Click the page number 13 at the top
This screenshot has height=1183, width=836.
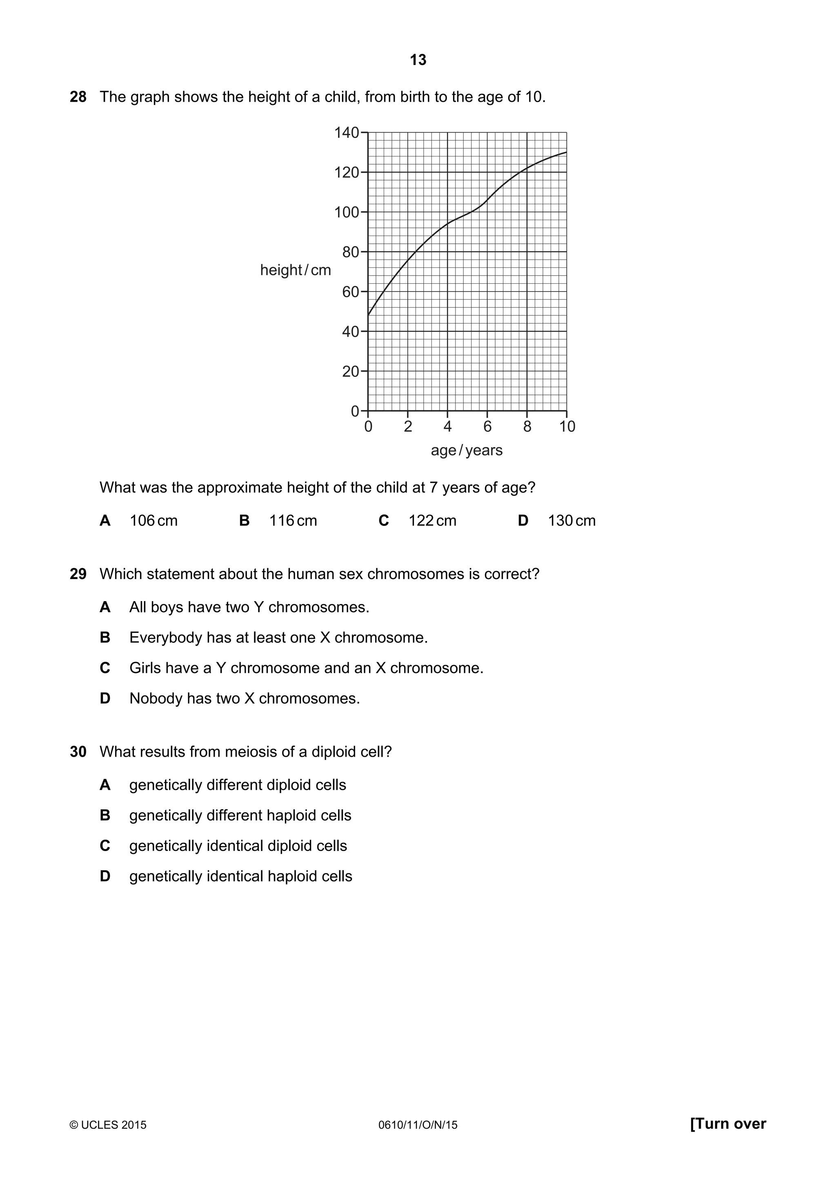pyautogui.click(x=418, y=60)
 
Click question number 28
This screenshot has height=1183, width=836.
pyautogui.click(x=78, y=97)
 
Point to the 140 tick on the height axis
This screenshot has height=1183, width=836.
pyautogui.click(x=347, y=133)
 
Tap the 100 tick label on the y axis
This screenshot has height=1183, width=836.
pyautogui.click(x=347, y=212)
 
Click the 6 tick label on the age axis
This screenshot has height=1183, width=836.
pyautogui.click(x=487, y=427)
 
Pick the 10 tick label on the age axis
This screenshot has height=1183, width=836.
pyautogui.click(x=567, y=427)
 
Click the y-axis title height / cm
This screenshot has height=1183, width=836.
pyautogui.click(x=295, y=270)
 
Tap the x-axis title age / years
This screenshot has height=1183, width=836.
pyautogui.click(x=466, y=450)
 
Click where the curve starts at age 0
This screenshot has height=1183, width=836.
pyautogui.click(x=369, y=315)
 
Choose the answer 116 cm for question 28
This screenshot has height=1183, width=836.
pyautogui.click(x=293, y=521)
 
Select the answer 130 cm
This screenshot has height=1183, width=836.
pyautogui.click(x=571, y=521)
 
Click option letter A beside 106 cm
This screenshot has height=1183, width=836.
pyautogui.click(x=105, y=521)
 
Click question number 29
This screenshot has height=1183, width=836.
pyautogui.click(x=78, y=574)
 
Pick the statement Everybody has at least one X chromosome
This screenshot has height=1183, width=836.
pyautogui.click(x=278, y=638)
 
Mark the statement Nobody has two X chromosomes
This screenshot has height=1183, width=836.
pyautogui.click(x=244, y=699)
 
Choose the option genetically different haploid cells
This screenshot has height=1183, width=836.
pyautogui.click(x=240, y=815)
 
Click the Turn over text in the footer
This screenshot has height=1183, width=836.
pyautogui.click(x=728, y=1124)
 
